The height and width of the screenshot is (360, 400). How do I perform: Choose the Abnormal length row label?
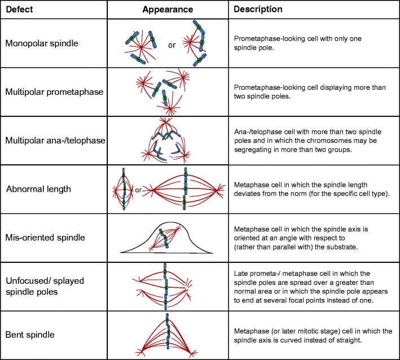click(38, 188)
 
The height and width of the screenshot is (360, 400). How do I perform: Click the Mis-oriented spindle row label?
click(45, 238)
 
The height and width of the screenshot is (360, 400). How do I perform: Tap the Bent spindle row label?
click(30, 335)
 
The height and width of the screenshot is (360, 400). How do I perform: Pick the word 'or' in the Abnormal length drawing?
click(138, 190)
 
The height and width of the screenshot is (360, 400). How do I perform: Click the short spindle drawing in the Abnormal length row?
click(124, 189)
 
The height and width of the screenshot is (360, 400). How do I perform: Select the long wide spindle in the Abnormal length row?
click(186, 189)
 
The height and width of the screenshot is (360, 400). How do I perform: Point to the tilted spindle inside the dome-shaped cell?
click(164, 239)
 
